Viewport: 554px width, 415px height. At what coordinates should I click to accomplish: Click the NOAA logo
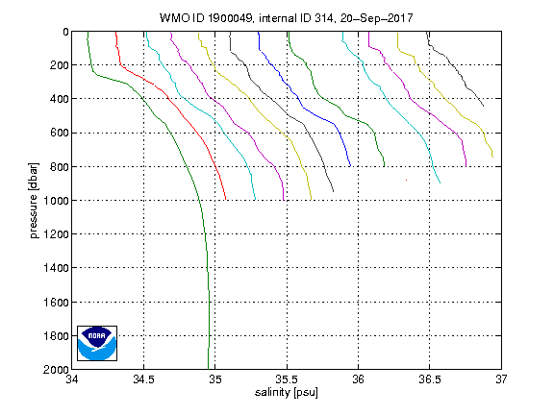97,343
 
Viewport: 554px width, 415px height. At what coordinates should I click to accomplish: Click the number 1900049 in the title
230,18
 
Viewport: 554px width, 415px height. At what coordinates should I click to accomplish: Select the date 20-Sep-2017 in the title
376,18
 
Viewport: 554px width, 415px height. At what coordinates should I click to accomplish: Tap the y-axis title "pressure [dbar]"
34,201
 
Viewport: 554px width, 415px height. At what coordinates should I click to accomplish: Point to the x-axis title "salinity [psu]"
287,392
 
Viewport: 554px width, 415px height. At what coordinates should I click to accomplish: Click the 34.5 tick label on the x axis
144,379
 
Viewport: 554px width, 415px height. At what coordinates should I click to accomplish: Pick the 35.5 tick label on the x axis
287,379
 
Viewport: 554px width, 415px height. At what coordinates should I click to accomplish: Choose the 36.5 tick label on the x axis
430,379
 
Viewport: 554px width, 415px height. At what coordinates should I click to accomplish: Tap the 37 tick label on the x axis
501,379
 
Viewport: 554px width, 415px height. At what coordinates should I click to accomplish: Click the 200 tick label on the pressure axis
59,65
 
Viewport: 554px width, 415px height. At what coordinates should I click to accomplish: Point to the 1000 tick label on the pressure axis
56,201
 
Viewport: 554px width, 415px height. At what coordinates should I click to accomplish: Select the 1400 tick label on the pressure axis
56,268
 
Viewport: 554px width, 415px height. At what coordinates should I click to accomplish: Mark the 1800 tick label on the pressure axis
56,335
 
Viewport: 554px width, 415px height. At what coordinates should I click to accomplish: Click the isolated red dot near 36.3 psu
406,180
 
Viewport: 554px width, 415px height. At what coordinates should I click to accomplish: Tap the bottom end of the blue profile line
350,166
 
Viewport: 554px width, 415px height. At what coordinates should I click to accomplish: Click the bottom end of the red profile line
226,200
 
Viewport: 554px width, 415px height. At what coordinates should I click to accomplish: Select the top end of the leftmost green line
88,32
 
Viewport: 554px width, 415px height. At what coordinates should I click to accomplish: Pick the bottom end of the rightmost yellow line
492,157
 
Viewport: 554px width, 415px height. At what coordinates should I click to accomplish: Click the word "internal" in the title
278,18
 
